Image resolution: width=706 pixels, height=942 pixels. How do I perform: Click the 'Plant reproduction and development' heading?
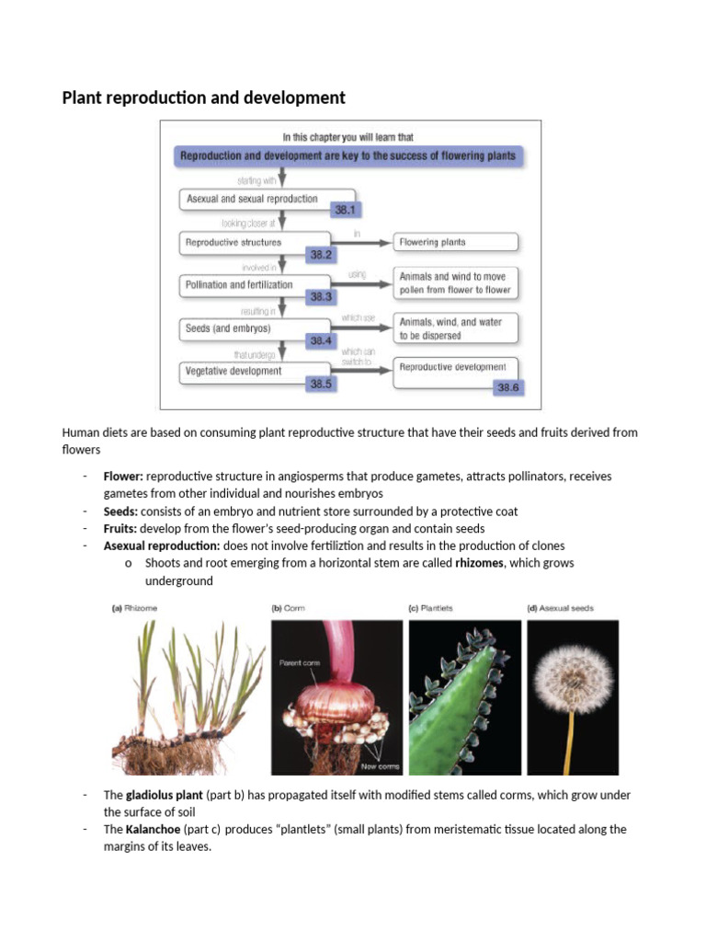(203, 98)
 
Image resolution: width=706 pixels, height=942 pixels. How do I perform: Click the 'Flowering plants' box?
(455, 242)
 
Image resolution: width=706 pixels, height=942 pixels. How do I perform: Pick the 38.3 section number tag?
(321, 297)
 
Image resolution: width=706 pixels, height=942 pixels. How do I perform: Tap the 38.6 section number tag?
(507, 388)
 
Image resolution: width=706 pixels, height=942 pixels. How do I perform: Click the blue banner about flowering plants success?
(347, 156)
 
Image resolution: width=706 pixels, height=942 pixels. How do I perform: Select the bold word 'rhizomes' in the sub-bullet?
(480, 563)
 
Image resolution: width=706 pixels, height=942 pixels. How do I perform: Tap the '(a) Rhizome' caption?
(137, 608)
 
